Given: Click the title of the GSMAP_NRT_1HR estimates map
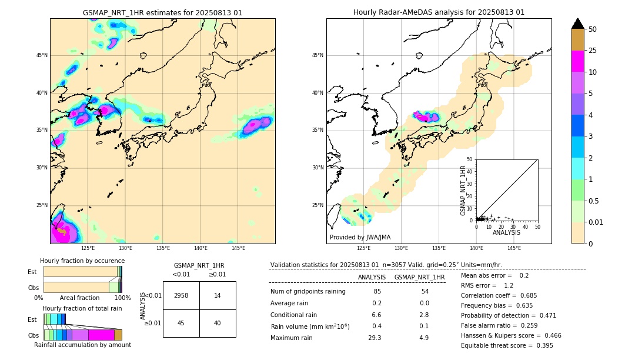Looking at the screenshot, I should (162, 12).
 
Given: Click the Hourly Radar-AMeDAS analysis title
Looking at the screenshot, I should (439, 12).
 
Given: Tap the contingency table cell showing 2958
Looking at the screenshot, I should (181, 295).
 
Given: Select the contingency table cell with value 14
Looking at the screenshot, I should (218, 295).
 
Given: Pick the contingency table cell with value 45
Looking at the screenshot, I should (181, 323).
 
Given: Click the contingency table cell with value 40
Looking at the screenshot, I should (218, 323).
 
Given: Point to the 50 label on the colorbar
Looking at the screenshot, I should (593, 29).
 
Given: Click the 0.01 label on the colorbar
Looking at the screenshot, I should (596, 222).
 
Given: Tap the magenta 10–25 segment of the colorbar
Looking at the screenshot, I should (577, 61).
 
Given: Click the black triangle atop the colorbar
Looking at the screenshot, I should (577, 24).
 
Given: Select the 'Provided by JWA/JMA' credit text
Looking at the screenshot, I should (360, 237).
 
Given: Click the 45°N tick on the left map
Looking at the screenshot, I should (42, 55).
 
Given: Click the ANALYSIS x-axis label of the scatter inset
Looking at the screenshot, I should (506, 232).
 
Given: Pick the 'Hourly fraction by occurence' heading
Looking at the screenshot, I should (82, 261).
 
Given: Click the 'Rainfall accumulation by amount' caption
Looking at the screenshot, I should (82, 345).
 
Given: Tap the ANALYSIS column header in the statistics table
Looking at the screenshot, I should (372, 277).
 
